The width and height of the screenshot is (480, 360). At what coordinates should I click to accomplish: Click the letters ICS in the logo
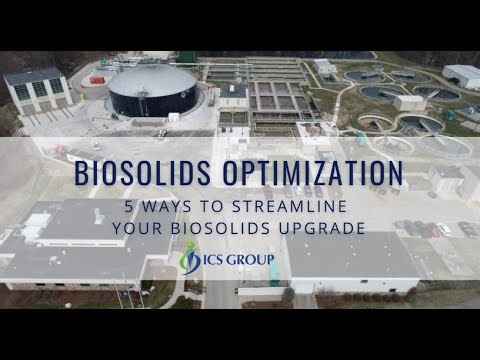click(217, 258)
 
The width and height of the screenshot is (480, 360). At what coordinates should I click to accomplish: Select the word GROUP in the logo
click(259, 258)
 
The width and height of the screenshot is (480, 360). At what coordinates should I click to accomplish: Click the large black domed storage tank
click(152, 90)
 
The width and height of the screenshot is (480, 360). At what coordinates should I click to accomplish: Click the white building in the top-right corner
click(462, 75)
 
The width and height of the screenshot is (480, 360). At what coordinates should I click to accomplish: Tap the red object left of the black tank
click(97, 77)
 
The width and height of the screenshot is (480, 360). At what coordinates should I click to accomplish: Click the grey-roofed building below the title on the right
click(352, 256)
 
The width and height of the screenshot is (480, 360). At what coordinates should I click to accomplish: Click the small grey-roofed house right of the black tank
click(233, 94)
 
